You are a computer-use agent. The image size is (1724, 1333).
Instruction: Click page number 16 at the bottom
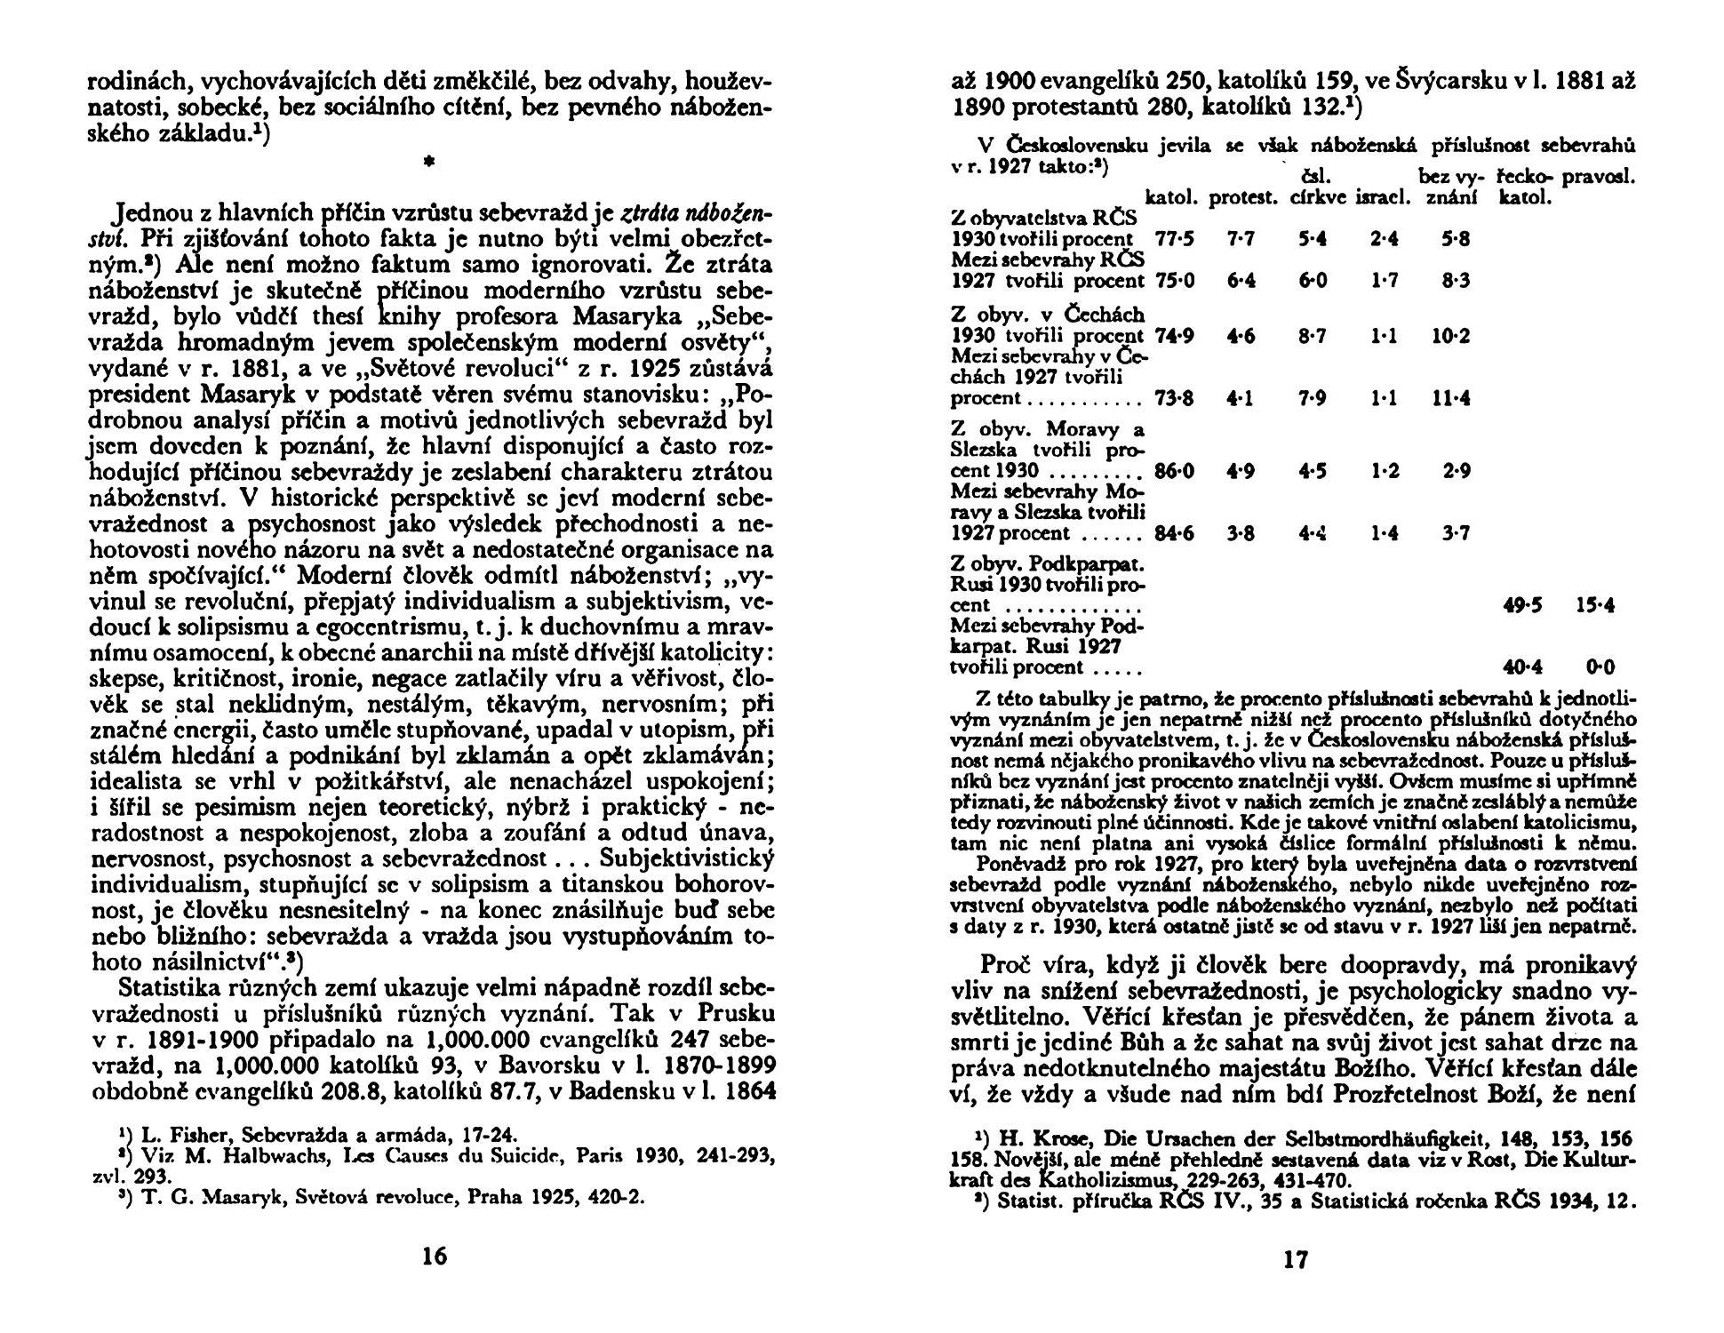click(435, 1257)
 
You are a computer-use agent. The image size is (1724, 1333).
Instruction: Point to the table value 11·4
click(1451, 399)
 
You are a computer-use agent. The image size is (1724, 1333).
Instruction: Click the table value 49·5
click(1522, 606)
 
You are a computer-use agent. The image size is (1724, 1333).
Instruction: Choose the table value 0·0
click(1600, 667)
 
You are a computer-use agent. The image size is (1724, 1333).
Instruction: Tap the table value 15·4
click(1595, 606)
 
